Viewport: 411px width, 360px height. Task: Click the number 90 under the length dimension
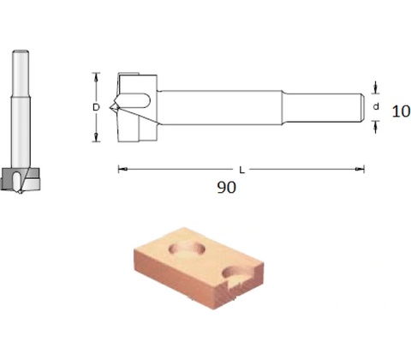point(227,188)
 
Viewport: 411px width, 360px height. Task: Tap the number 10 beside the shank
point(401,111)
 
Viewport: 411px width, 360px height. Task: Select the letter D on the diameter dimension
point(96,107)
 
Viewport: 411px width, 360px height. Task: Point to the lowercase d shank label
point(376,106)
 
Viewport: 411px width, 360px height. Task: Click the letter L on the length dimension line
point(241,171)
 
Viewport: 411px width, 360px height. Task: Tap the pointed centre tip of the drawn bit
point(110,108)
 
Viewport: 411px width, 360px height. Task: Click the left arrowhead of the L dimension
point(122,169)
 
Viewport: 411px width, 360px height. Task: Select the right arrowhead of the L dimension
point(360,169)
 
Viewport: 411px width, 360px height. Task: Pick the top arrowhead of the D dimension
point(96,77)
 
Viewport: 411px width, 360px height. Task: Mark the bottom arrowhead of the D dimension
point(96,137)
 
